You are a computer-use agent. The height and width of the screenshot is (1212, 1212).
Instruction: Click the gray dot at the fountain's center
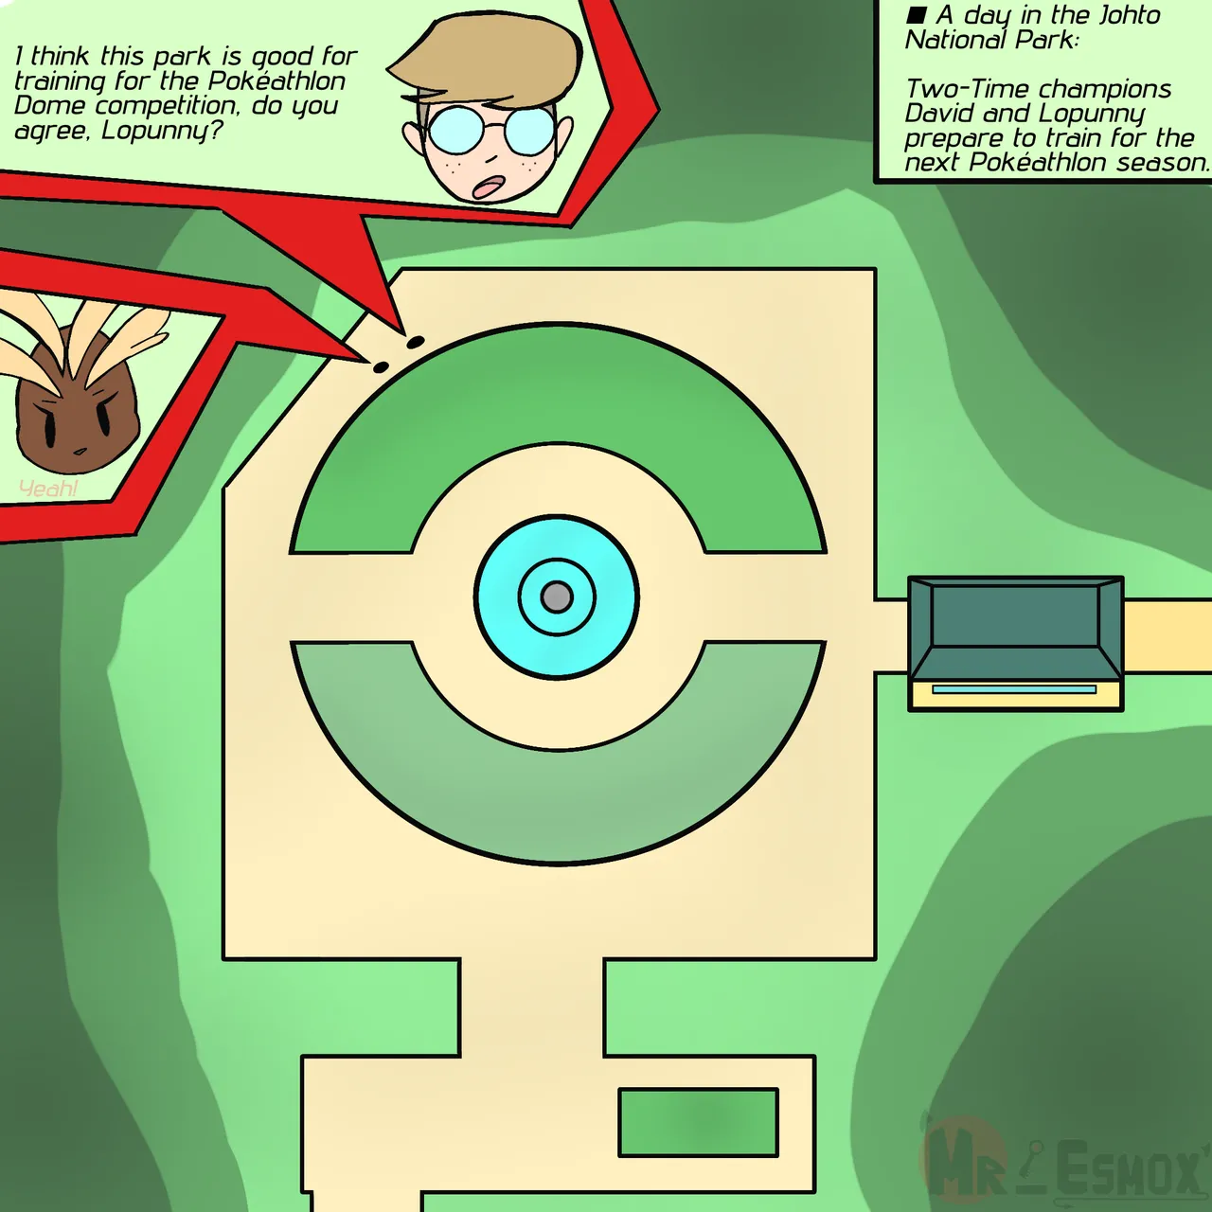tap(557, 597)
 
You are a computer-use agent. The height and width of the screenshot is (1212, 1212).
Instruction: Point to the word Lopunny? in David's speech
tap(162, 131)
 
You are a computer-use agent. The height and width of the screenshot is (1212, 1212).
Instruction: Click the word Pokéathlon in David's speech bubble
tap(276, 81)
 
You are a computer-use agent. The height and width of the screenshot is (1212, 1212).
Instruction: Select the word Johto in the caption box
tap(1129, 15)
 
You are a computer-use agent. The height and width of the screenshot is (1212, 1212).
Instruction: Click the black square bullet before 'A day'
tap(916, 15)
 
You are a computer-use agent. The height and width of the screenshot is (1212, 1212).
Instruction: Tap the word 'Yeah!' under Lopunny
tap(48, 489)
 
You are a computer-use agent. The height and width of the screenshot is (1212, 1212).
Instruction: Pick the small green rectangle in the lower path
tap(698, 1122)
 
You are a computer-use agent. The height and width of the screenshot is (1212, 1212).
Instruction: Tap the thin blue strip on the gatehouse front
tap(1014, 689)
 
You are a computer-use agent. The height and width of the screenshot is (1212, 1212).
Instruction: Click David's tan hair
tap(492, 57)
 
